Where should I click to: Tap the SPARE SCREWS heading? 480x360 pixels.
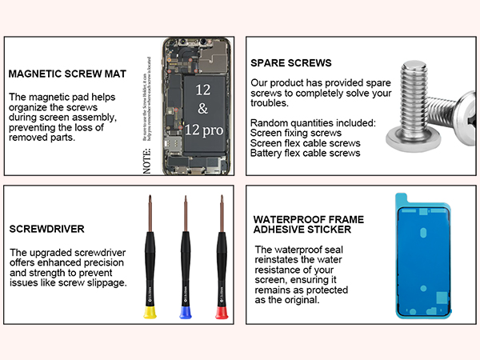click(291, 62)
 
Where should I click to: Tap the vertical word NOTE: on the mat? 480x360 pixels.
click(146, 161)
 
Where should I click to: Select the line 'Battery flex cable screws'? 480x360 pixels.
click(305, 153)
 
